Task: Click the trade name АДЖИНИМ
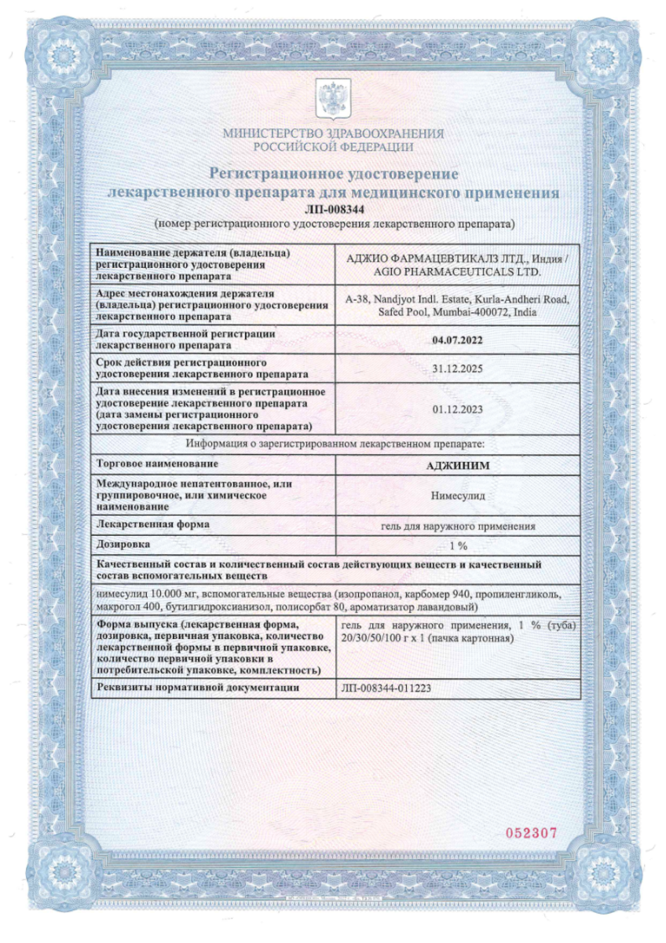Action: (456, 465)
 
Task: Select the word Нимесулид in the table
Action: (456, 496)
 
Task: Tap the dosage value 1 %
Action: (456, 545)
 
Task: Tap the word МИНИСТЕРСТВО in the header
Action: (272, 133)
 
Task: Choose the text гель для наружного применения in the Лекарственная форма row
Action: (456, 525)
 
